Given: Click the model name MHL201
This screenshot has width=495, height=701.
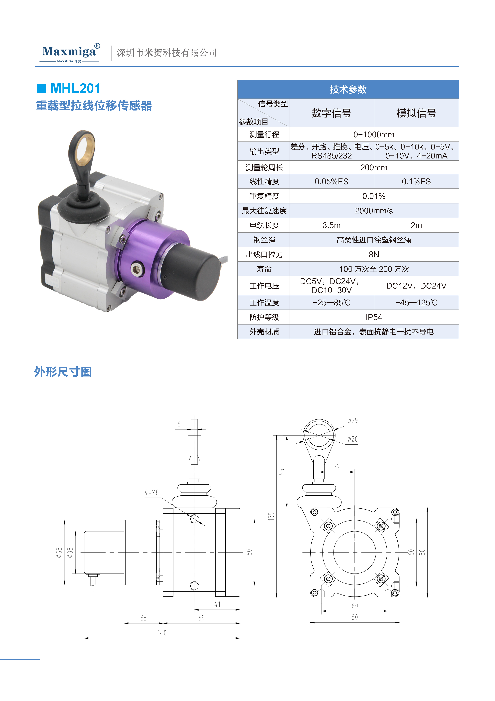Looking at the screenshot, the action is coord(75,89).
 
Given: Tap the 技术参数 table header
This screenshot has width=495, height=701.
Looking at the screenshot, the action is coord(348,90).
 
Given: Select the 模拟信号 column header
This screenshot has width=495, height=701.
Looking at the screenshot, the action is coord(416,113).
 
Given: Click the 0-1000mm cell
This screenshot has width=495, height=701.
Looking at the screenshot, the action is coord(374,135).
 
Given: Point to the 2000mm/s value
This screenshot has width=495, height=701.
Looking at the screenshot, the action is coord(374,211).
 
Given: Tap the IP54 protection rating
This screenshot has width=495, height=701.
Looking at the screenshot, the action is coord(374,317).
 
